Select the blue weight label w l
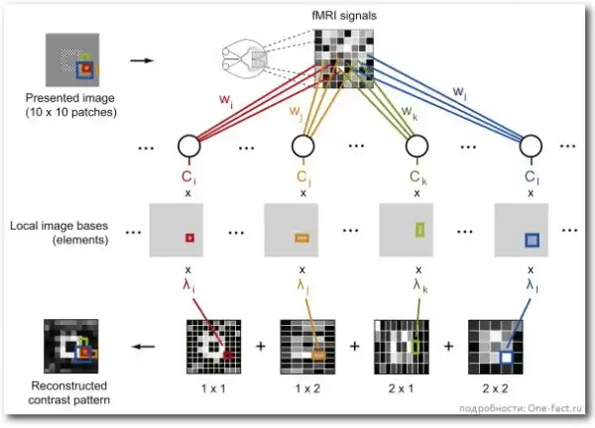(461, 90)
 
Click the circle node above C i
(187, 149)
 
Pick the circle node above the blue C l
(533, 149)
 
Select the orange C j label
(302, 177)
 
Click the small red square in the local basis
(186, 238)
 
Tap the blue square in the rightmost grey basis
(533, 240)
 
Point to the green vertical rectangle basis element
(418, 232)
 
